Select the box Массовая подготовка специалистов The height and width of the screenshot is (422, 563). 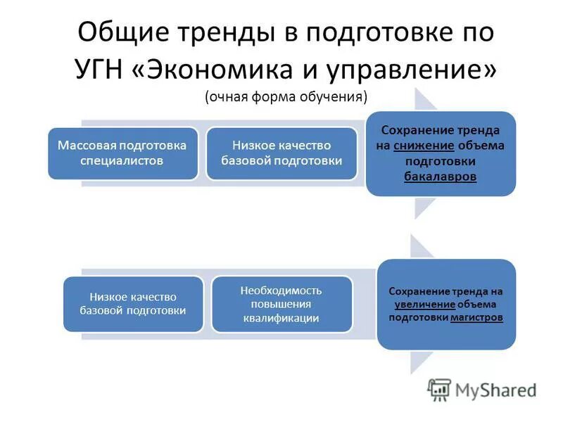[122, 153]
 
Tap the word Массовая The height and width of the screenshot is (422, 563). [90, 146]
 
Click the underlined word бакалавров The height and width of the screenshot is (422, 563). [441, 177]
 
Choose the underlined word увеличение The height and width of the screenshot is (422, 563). [424, 304]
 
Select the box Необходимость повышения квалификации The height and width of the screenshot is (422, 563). [281, 304]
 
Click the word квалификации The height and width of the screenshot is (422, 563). [281, 318]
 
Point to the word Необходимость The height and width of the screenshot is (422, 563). [281, 290]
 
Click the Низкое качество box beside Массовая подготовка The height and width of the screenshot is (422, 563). [281, 153]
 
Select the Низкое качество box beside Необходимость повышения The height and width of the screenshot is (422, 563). [133, 304]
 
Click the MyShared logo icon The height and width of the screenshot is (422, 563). [440, 389]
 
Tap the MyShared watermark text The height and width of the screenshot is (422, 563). [495, 390]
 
